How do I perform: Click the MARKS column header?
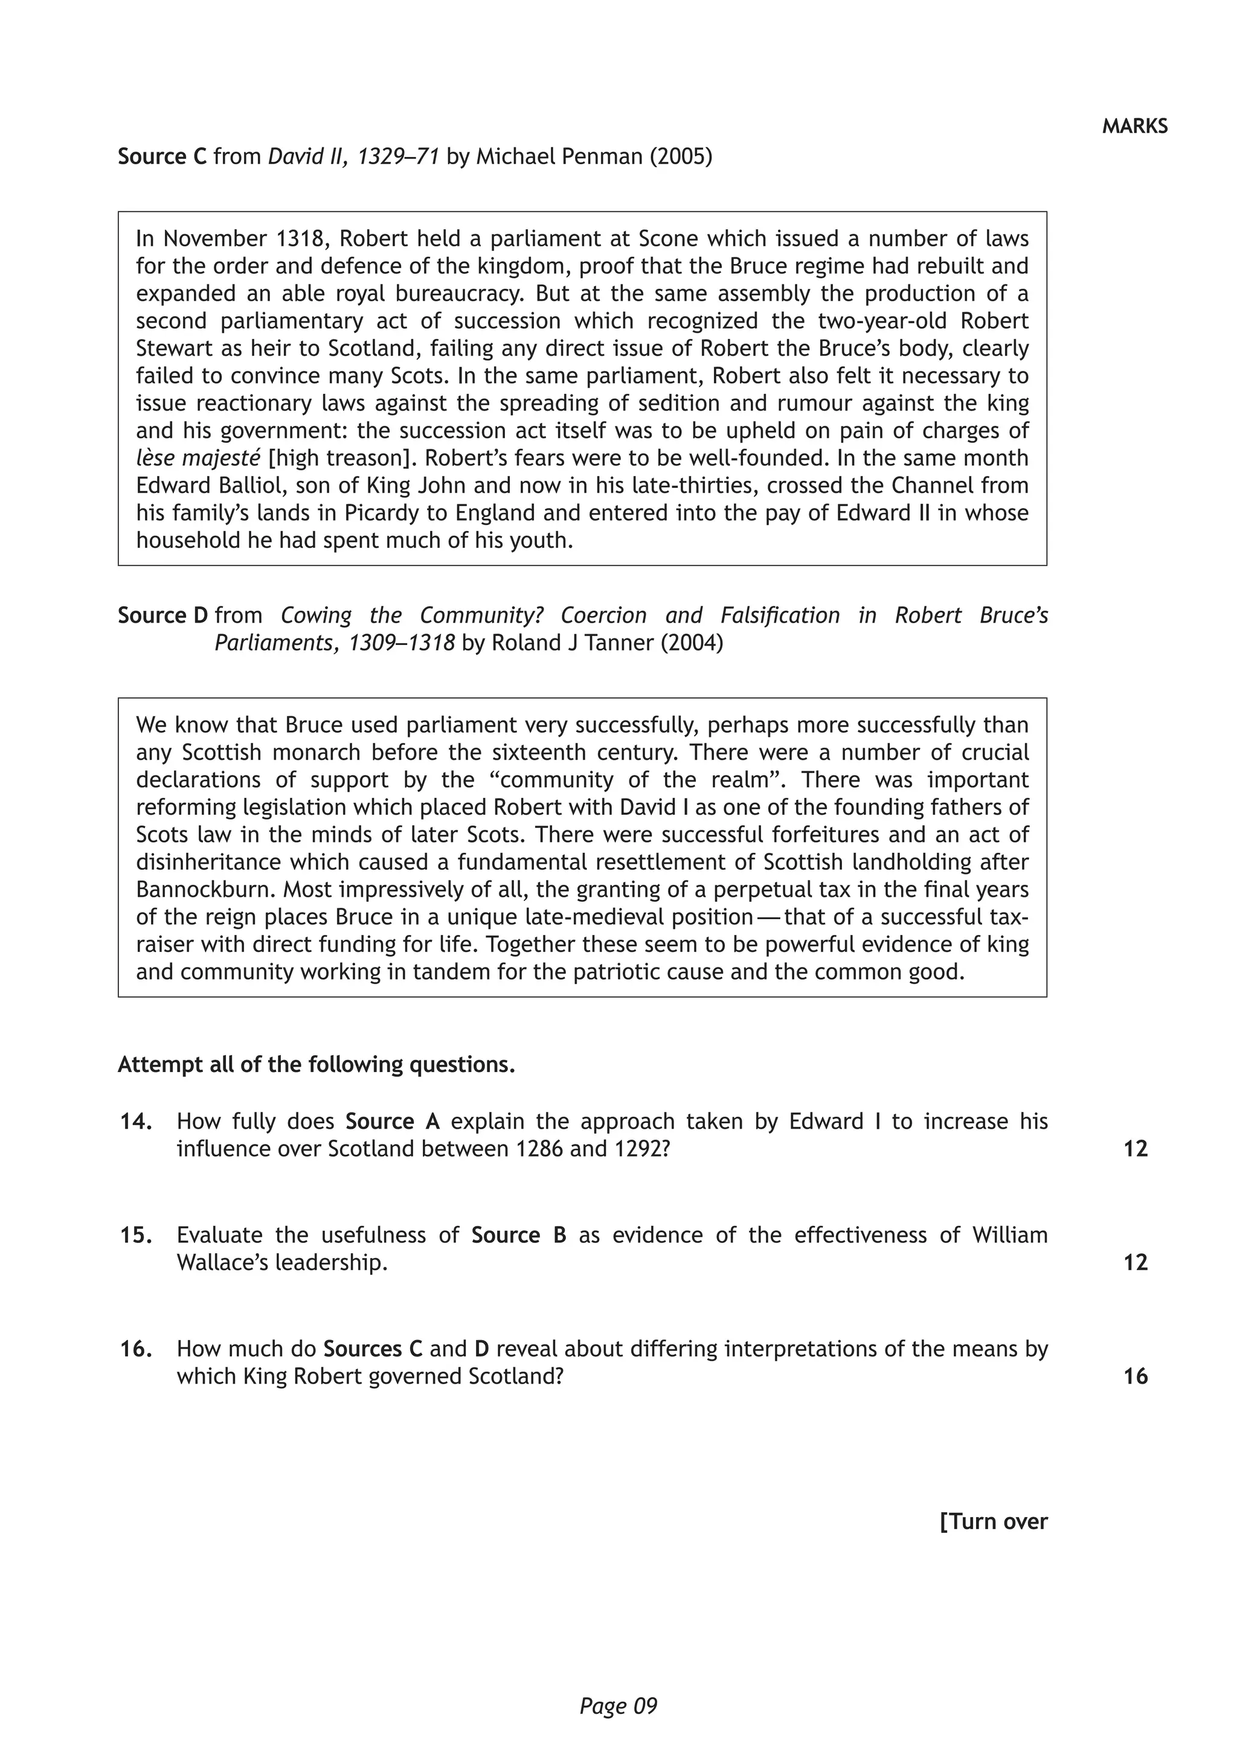coord(1134,126)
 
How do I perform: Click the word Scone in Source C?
coord(668,239)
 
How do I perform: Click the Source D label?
coord(162,615)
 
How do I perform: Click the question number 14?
coord(135,1122)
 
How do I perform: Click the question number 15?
coord(135,1235)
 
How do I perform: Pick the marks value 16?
coord(1135,1376)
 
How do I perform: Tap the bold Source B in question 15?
coord(518,1235)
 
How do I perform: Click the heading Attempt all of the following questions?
coord(316,1064)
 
